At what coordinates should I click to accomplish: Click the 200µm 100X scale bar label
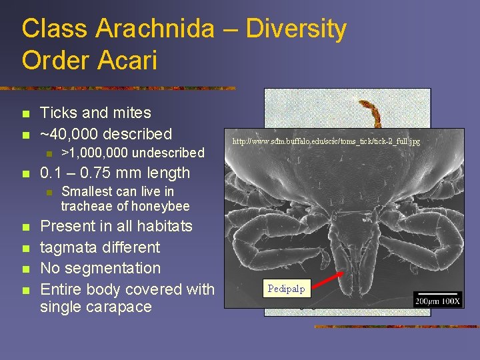point(437,299)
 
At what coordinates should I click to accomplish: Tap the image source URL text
point(326,141)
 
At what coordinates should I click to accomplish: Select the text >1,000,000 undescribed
point(133,153)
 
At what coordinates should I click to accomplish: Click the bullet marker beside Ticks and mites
point(25,113)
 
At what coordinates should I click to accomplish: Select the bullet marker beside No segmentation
point(25,269)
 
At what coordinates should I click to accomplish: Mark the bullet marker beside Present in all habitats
point(25,227)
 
